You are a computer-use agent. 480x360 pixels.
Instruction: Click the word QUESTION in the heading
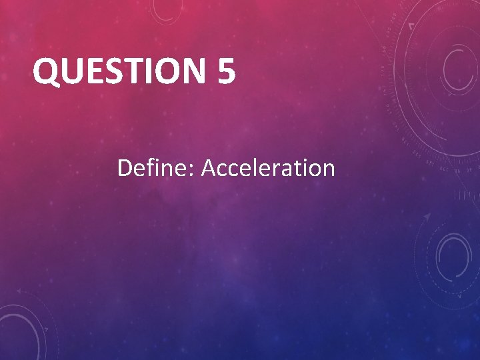point(121,71)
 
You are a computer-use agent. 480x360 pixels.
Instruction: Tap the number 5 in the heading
point(226,71)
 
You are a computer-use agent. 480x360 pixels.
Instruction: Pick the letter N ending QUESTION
point(194,71)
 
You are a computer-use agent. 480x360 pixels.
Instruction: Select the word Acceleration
point(268,168)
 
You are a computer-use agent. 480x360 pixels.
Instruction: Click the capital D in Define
point(125,168)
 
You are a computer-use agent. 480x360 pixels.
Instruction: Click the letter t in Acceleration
point(300,169)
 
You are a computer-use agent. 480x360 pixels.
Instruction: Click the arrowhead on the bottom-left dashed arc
point(19,292)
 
